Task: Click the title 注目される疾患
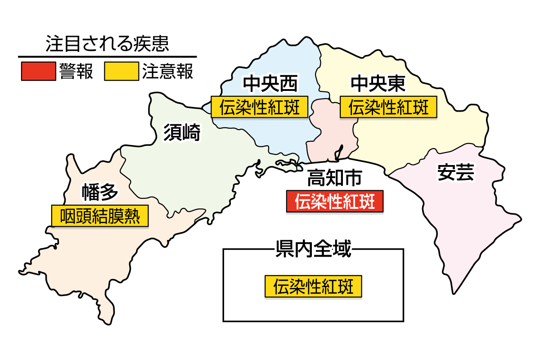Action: pyautogui.click(x=107, y=44)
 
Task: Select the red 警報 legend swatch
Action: pyautogui.click(x=38, y=72)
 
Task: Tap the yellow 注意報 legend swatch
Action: pyautogui.click(x=121, y=72)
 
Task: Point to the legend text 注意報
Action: pyautogui.click(x=168, y=72)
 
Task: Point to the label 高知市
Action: pyautogui.click(x=334, y=179)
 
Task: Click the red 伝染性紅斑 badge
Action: pyautogui.click(x=335, y=202)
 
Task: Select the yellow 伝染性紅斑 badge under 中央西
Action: pyautogui.click(x=260, y=108)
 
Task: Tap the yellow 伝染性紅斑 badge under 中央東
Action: pyautogui.click(x=389, y=108)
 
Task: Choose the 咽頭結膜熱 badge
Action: pyautogui.click(x=99, y=216)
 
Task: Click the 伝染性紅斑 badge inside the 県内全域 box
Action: pyautogui.click(x=313, y=286)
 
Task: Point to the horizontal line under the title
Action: pyautogui.click(x=107, y=57)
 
